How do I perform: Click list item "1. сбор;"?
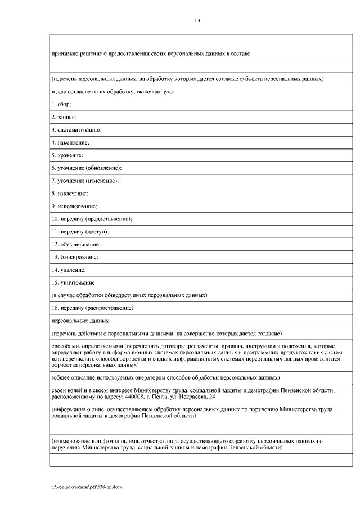click(x=61, y=104)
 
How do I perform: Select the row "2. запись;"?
click(x=64, y=117)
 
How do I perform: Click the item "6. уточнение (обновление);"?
click(x=87, y=168)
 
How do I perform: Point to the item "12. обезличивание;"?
click(x=76, y=244)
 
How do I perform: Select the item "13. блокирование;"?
click(x=75, y=256)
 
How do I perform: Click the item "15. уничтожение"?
click(x=73, y=282)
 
